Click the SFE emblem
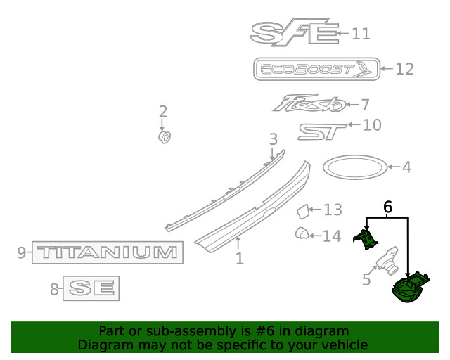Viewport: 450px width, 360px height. coord(294,32)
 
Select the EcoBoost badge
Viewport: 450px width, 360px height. coord(316,69)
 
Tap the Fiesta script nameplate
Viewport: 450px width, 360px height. coord(309,103)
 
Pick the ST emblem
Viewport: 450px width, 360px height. coord(322,131)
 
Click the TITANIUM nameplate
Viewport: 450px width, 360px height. coord(108,252)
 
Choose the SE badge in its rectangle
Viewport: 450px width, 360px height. coord(91,288)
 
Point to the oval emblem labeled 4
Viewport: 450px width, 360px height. coord(355,167)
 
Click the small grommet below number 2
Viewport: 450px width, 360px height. coord(165,137)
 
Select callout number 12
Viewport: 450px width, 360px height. coord(405,69)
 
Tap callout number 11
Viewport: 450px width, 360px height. coord(361,34)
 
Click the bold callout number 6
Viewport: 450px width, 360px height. coord(387,207)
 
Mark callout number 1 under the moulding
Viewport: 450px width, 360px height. coord(240,259)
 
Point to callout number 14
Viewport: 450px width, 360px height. coord(332,236)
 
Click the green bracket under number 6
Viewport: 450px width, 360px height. coord(366,239)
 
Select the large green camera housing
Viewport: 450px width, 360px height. coord(411,287)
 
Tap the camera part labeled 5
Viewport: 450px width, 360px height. coord(387,261)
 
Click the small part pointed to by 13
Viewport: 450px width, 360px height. coord(303,212)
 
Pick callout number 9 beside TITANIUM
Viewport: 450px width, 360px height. coord(22,252)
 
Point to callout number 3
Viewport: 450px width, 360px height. coord(274,139)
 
